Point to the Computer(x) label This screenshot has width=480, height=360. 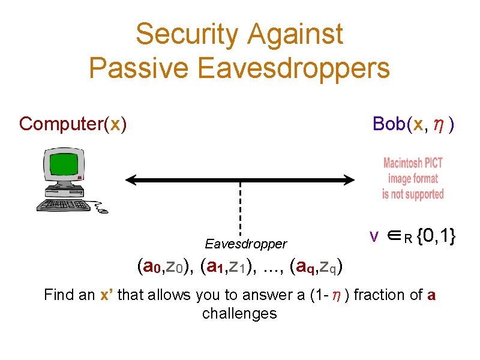point(73,124)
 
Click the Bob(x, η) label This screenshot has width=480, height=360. point(413,124)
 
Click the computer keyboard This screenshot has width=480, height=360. point(63,205)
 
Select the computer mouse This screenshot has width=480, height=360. point(103,210)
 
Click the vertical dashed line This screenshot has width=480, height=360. point(240,207)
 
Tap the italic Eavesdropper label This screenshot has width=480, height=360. point(245,244)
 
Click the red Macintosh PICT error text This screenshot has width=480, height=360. point(413,178)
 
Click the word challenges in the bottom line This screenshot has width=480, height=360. point(239,313)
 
